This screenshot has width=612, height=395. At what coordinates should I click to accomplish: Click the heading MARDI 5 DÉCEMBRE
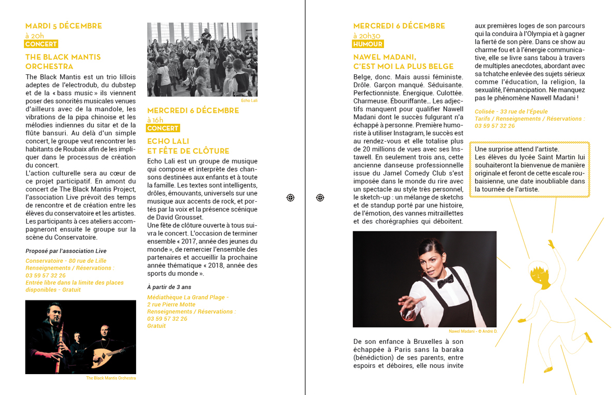click(64, 26)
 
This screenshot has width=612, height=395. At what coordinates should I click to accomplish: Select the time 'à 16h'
click(155, 120)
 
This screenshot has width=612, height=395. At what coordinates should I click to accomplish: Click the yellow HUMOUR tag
click(368, 44)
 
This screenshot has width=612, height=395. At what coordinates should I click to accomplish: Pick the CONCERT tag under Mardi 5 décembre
click(41, 44)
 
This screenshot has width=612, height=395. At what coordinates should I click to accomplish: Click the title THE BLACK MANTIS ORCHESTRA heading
click(63, 62)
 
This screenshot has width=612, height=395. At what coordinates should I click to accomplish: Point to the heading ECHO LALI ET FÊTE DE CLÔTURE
click(188, 146)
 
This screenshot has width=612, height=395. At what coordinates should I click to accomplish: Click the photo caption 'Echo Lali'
click(249, 100)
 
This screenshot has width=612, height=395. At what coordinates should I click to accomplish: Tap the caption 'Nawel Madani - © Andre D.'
click(473, 331)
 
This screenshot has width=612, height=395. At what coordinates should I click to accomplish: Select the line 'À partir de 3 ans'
click(169, 287)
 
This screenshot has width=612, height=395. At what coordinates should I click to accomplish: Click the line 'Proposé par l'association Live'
click(66, 251)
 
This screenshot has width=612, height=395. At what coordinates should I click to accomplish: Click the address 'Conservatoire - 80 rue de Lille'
click(66, 261)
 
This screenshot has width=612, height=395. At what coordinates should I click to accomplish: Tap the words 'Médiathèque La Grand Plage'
click(187, 297)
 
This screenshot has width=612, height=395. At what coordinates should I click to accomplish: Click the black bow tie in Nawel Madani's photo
click(445, 282)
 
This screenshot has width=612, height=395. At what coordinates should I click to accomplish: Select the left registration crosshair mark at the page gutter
click(291, 197)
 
